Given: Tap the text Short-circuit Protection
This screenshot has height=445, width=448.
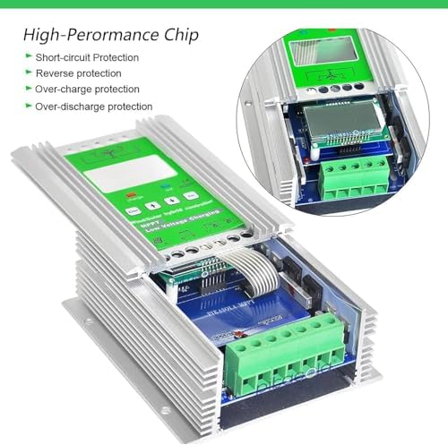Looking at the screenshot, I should [88, 57].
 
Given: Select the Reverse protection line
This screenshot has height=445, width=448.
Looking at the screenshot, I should [77, 73].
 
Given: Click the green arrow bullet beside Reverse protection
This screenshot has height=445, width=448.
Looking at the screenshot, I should [28, 73].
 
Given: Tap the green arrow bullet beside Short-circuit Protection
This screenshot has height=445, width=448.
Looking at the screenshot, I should [28, 57].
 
